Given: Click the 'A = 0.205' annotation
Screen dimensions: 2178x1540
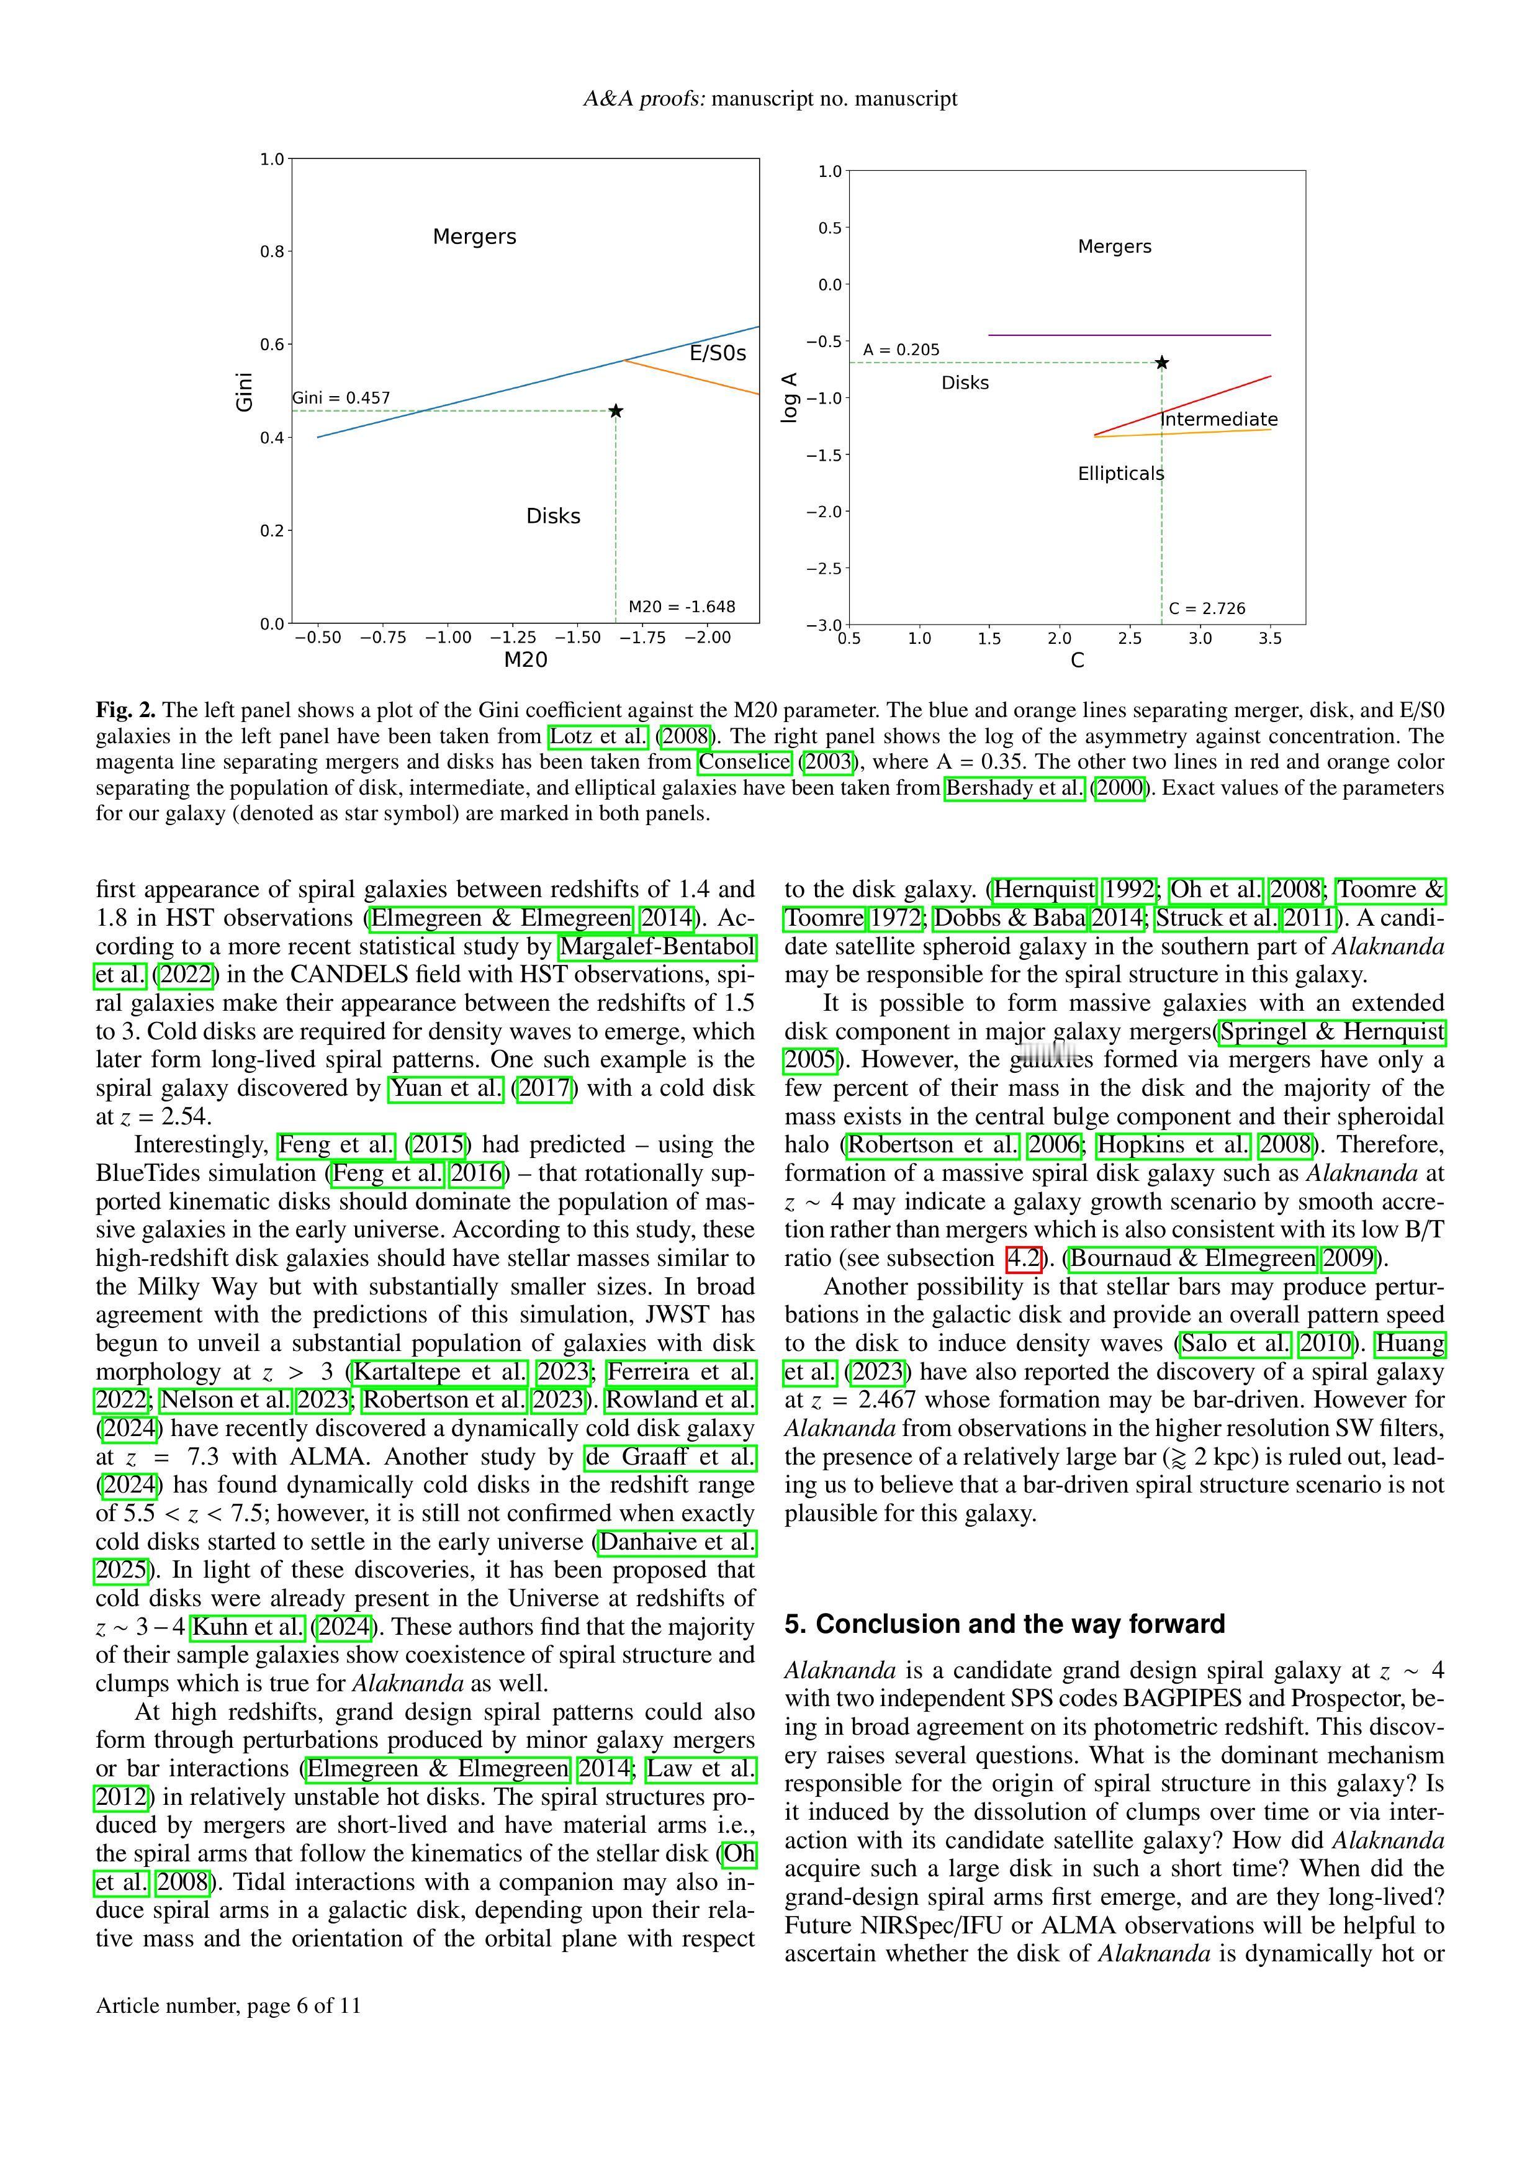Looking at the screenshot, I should pyautogui.click(x=901, y=350).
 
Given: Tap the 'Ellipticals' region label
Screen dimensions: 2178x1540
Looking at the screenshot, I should pyautogui.click(x=1120, y=473).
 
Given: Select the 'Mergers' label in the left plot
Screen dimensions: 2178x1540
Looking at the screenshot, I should pyautogui.click(x=474, y=236).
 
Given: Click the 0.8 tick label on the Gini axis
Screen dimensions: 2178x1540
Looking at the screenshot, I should pyautogui.click(x=272, y=251).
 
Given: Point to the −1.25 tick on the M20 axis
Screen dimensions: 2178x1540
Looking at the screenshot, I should pyautogui.click(x=513, y=638).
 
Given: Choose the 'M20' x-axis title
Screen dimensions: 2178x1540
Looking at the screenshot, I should pyautogui.click(x=525, y=660).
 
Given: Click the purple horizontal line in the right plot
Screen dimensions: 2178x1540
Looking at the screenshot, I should pyautogui.click(x=1128, y=335).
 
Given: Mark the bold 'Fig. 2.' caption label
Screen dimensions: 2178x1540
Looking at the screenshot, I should pyautogui.click(x=125, y=710).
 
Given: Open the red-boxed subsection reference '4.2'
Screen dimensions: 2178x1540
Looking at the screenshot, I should pyautogui.click(x=1023, y=1258).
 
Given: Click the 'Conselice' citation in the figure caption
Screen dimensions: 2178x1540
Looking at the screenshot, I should pyautogui.click(x=744, y=762).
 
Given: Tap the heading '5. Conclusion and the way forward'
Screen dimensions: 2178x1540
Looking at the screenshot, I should pyautogui.click(x=1004, y=1624).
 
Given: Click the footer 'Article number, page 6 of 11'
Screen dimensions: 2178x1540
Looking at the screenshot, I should pyautogui.click(x=228, y=2005).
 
